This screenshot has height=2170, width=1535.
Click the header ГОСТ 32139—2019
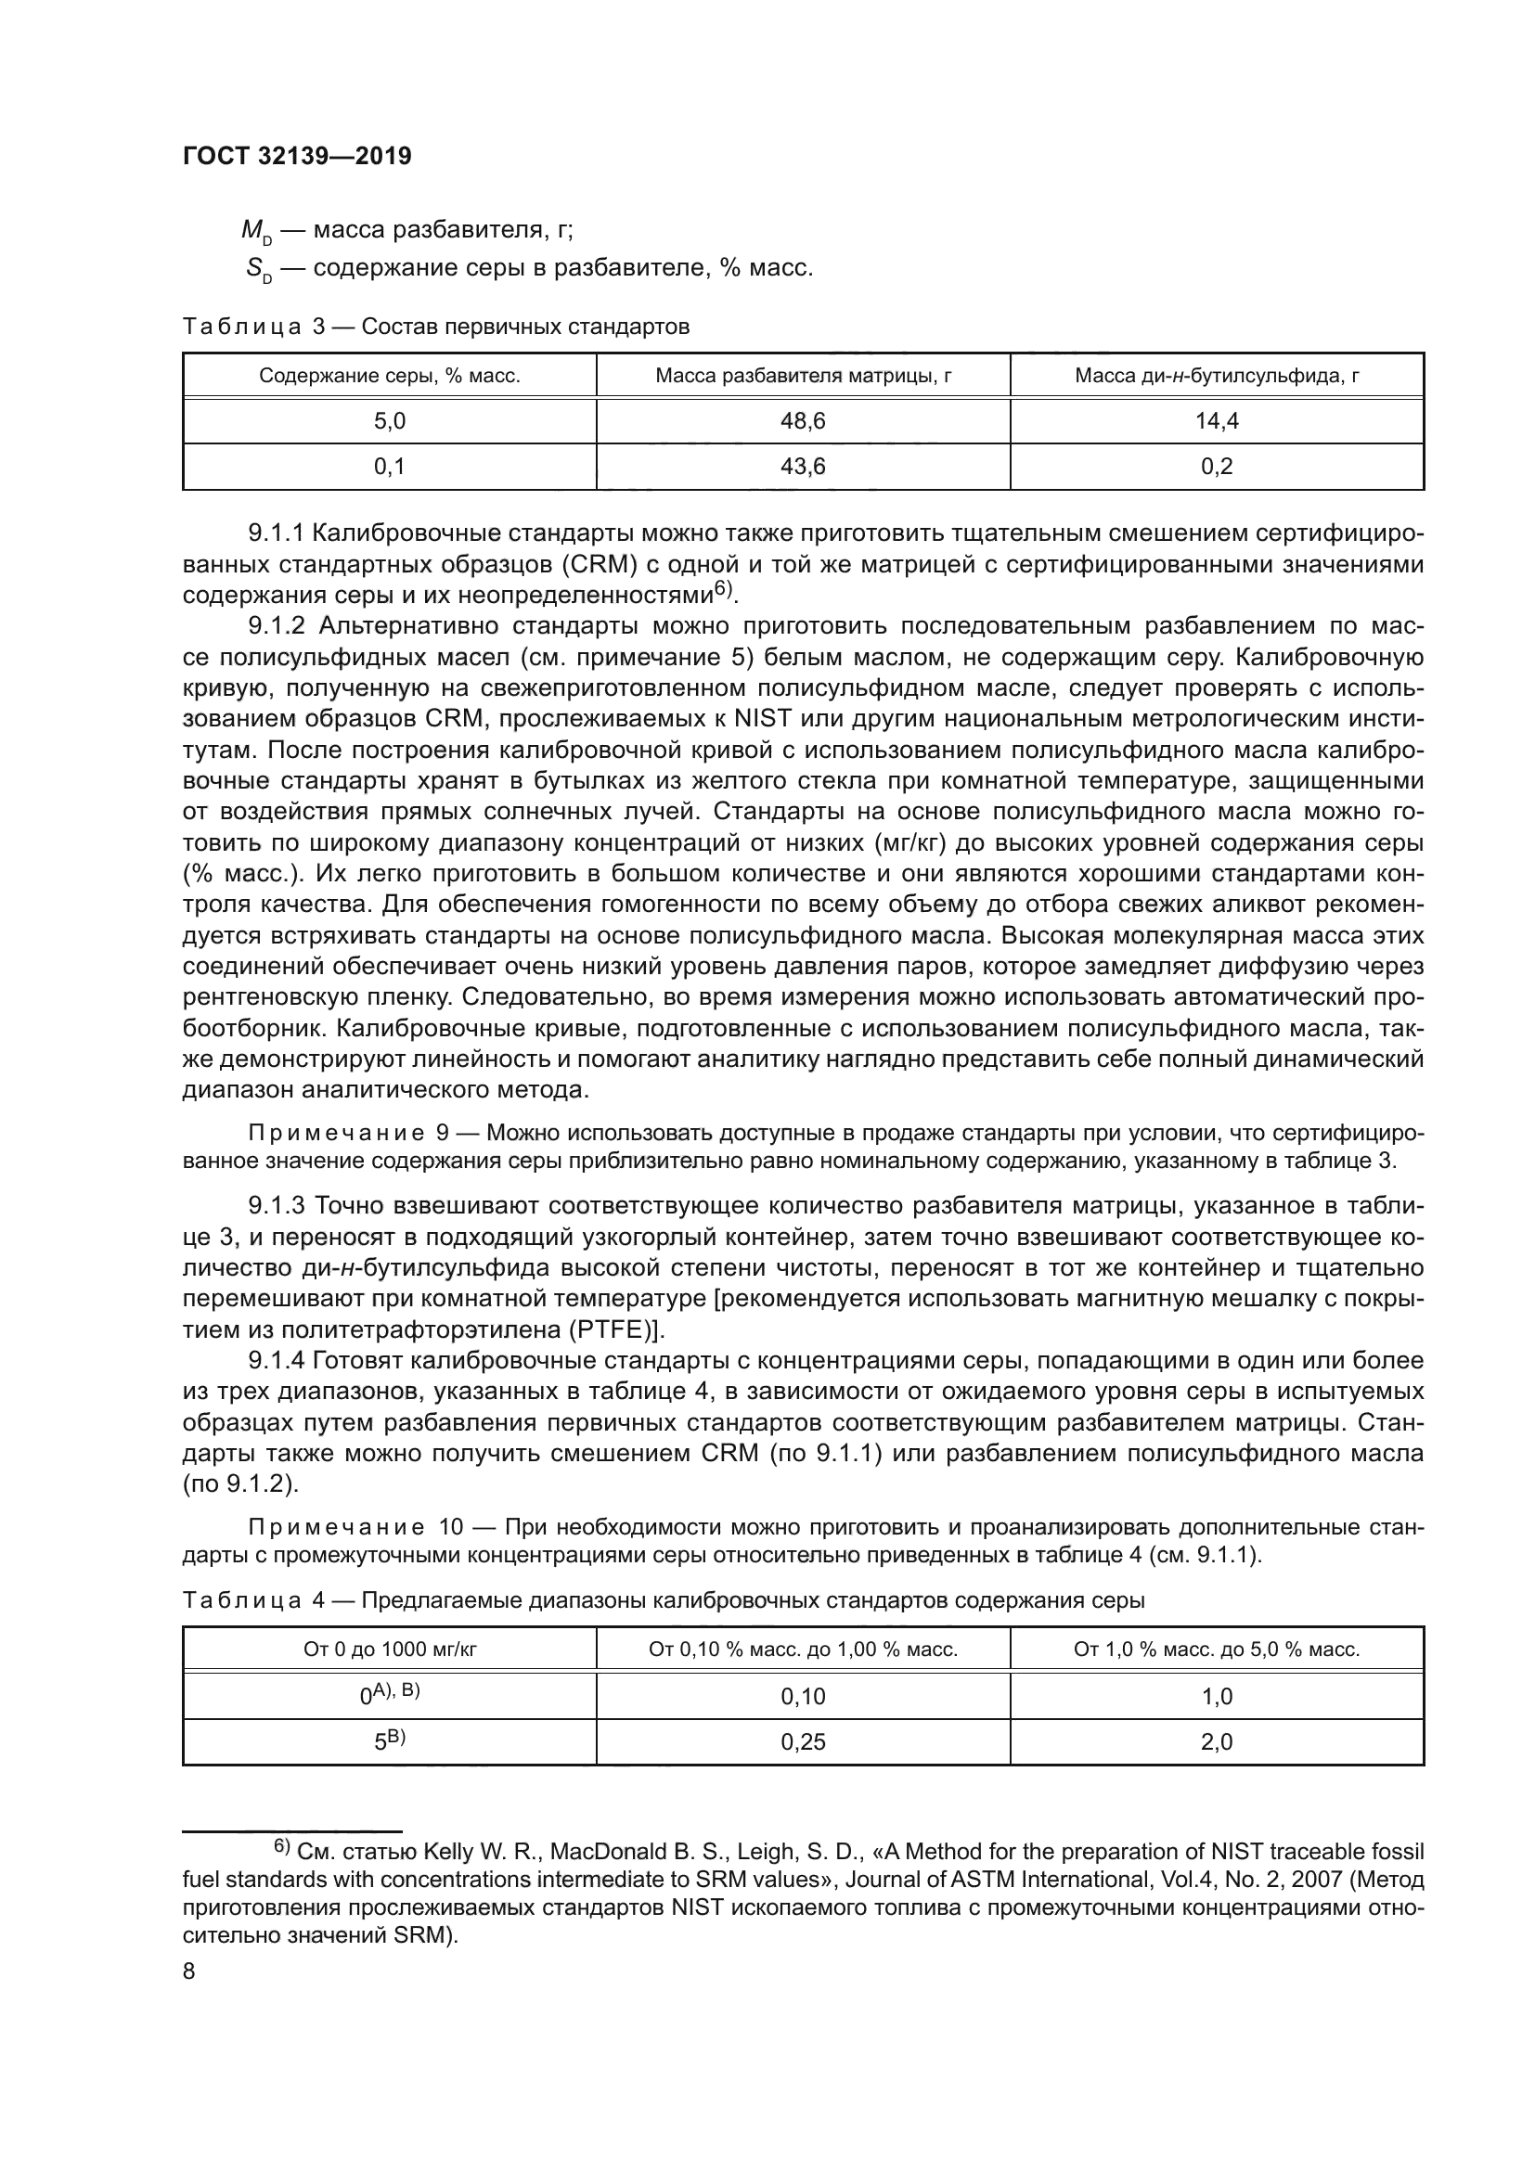pos(297,157)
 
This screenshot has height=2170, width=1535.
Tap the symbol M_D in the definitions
pos(256,232)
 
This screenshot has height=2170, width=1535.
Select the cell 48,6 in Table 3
pos(803,421)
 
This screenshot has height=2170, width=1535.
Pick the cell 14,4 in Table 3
pos(1217,421)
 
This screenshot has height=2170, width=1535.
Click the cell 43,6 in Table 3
pos(803,467)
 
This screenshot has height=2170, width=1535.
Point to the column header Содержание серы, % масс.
pos(390,376)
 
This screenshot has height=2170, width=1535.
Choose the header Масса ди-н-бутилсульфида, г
pos(1217,376)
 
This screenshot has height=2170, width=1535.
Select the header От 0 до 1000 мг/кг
pos(390,1650)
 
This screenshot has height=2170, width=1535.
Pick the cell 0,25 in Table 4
pos(803,1742)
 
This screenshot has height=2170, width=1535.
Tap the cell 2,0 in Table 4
pos(1217,1742)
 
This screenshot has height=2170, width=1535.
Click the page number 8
pos(189,1971)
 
